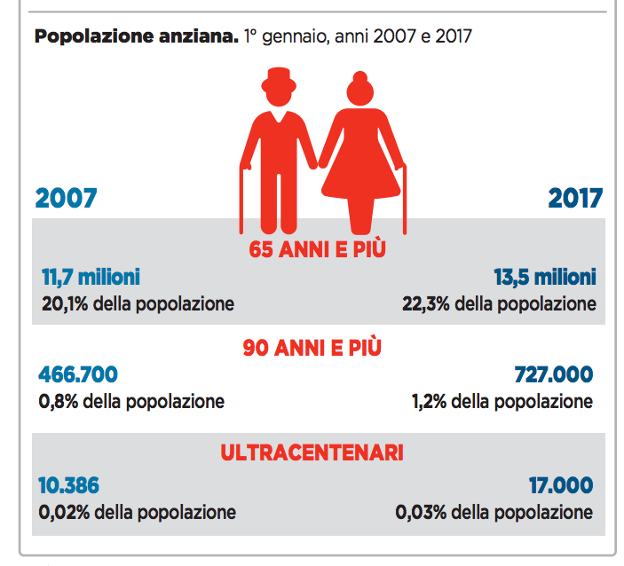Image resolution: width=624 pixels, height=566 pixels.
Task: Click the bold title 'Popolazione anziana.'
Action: click(135, 37)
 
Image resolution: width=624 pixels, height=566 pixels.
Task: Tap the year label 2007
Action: click(66, 198)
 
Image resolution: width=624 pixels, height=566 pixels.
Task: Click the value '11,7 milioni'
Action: click(91, 278)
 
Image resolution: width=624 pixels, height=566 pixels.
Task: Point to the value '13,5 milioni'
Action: click(544, 278)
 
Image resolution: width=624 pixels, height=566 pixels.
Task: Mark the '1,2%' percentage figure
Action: click(429, 401)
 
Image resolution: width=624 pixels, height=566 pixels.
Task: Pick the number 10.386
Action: click(69, 485)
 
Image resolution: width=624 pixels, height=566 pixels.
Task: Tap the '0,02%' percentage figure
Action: click(65, 512)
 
